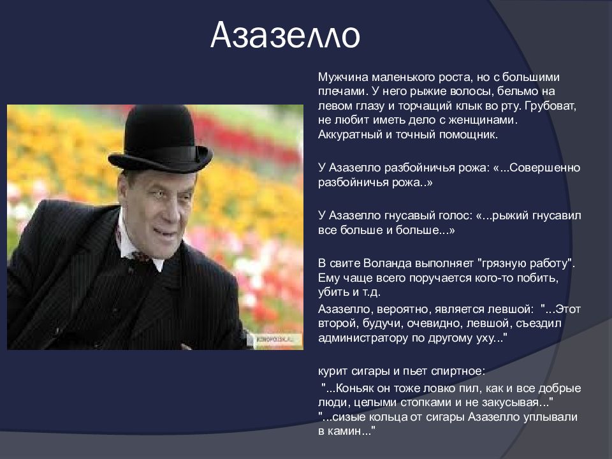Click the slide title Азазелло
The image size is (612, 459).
[285, 35]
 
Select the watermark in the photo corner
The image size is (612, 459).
[279, 339]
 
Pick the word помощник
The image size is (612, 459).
[469, 135]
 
